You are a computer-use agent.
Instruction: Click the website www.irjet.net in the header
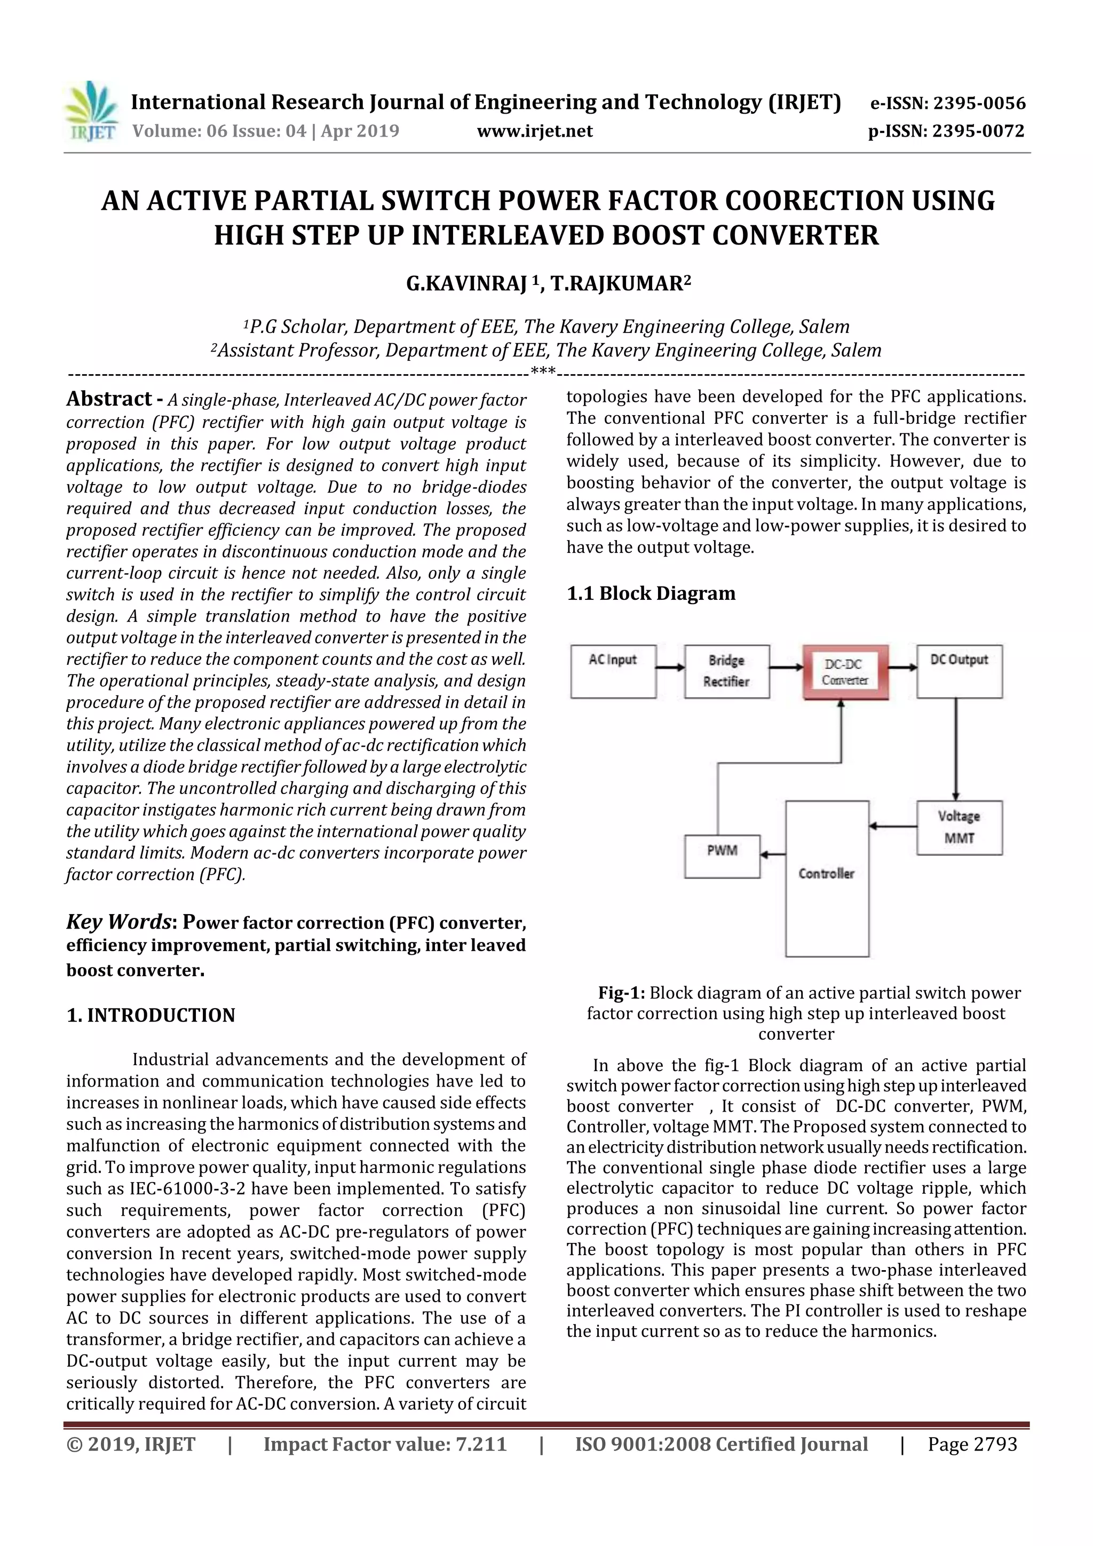pos(535,131)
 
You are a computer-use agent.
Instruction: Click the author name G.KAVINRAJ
pos(466,283)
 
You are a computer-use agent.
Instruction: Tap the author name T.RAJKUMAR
pos(616,283)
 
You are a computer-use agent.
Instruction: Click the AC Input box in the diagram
pos(613,671)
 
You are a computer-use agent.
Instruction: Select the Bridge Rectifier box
pos(727,671)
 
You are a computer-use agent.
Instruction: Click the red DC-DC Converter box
pos(845,672)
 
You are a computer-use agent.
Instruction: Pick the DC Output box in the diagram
pos(959,671)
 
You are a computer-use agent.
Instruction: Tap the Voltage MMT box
pos(959,828)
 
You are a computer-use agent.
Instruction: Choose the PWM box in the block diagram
pos(722,857)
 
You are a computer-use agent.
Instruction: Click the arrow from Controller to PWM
pos(773,854)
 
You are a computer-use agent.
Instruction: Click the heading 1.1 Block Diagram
pos(651,593)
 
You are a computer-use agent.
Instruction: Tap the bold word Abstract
pos(109,399)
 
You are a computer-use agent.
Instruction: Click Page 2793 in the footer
pos(972,1444)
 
